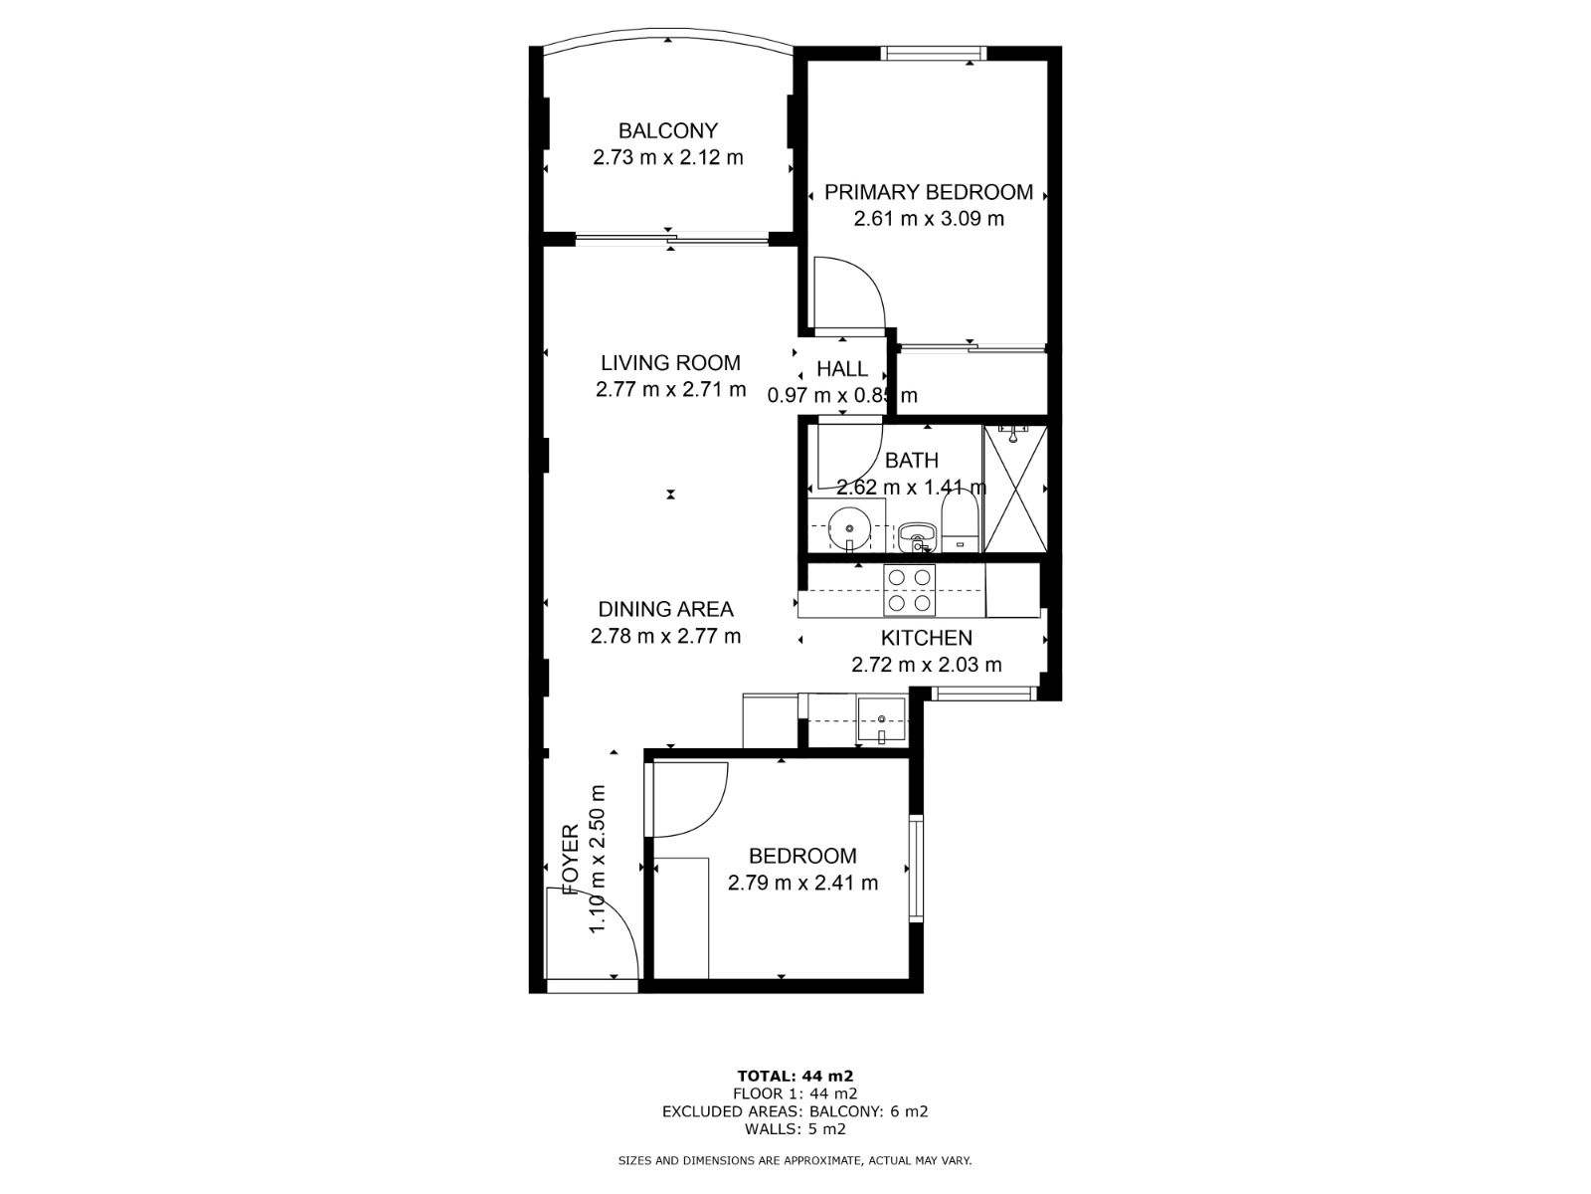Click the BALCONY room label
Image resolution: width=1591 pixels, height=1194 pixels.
pyautogui.click(x=667, y=130)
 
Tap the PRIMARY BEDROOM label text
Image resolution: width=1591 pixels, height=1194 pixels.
pyautogui.click(x=929, y=192)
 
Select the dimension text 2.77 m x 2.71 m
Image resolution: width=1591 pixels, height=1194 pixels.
pyautogui.click(x=670, y=390)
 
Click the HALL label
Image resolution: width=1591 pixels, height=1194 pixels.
pyautogui.click(x=842, y=369)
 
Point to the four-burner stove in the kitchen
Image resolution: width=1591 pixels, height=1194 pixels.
pyautogui.click(x=910, y=589)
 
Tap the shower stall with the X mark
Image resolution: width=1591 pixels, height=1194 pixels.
pyautogui.click(x=1014, y=489)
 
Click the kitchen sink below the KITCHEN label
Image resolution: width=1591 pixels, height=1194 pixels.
pyautogui.click(x=882, y=720)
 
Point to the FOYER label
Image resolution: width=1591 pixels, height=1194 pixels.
pyautogui.click(x=571, y=860)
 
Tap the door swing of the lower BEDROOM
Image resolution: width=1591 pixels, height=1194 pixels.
pyautogui.click(x=688, y=799)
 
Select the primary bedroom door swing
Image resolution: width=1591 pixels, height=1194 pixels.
pyautogui.click(x=846, y=292)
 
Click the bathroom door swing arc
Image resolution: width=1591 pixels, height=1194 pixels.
pyautogui.click(x=848, y=457)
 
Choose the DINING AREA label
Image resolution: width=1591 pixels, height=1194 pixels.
pyautogui.click(x=665, y=609)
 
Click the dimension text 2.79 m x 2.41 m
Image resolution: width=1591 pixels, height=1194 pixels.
pyautogui.click(x=802, y=883)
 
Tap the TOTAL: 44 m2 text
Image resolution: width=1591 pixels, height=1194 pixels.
pyautogui.click(x=795, y=1076)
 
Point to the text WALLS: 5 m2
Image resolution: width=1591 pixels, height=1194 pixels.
pyautogui.click(x=795, y=1129)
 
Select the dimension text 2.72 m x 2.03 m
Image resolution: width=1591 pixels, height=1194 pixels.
pyautogui.click(x=926, y=666)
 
